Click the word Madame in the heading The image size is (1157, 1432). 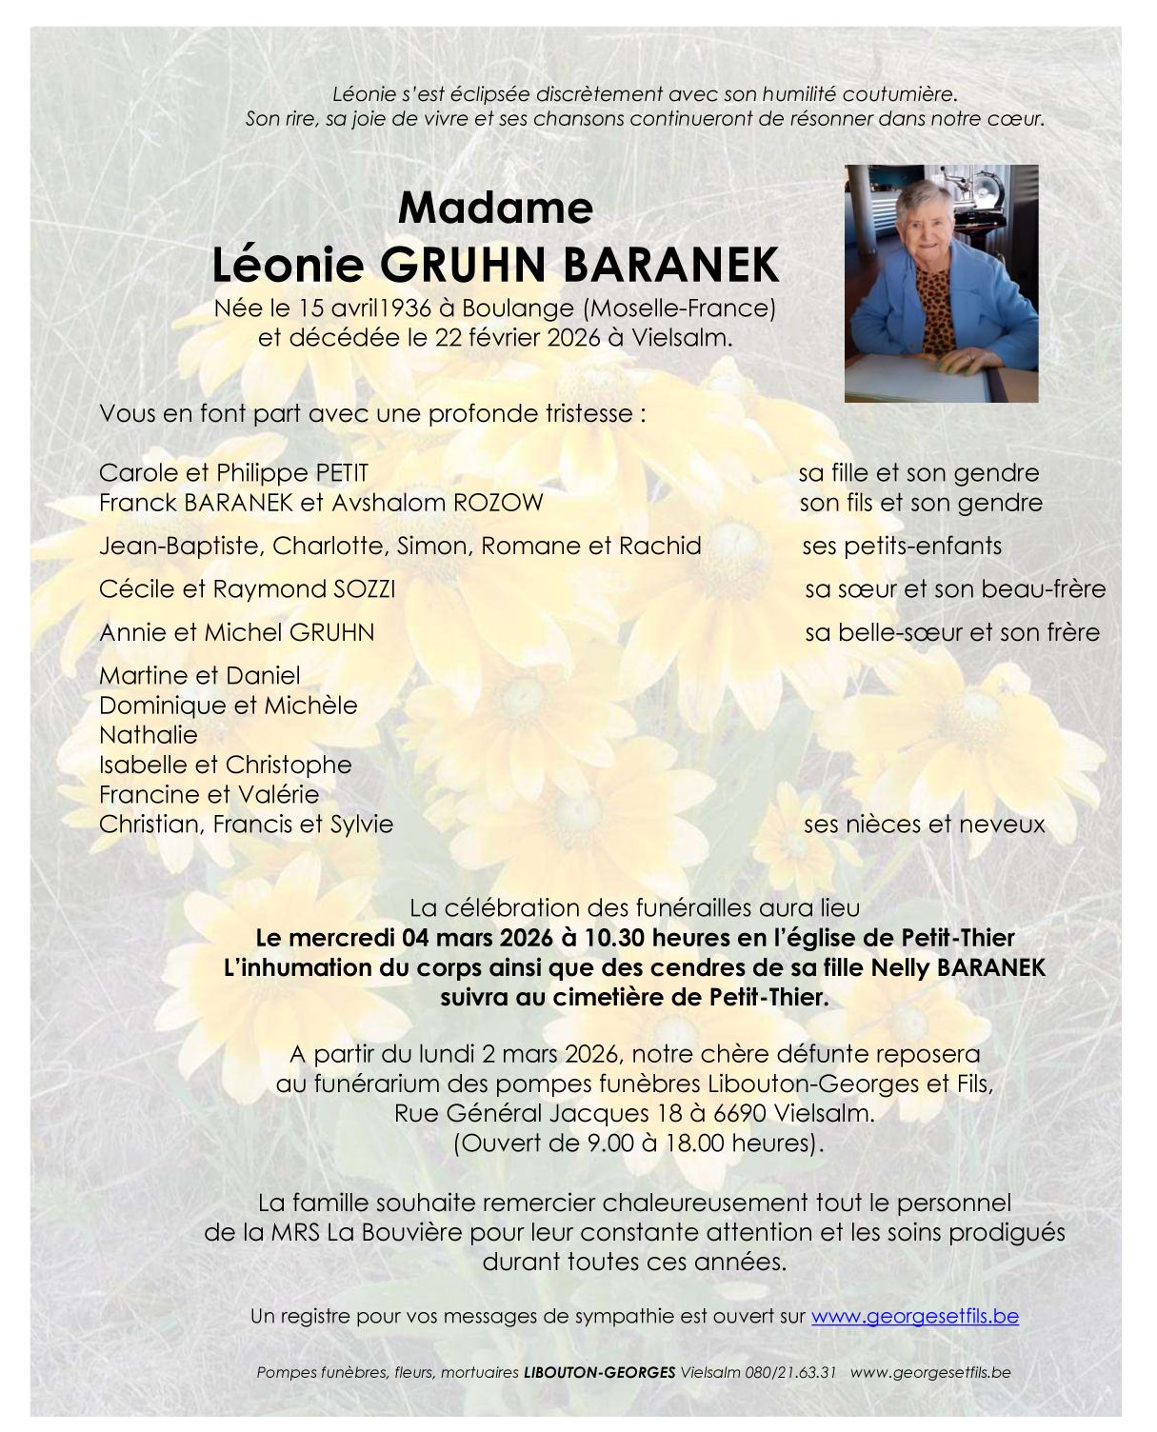pyautogui.click(x=495, y=208)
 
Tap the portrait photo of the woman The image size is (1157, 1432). pyautogui.click(x=941, y=283)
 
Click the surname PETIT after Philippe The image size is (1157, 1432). pyautogui.click(x=342, y=473)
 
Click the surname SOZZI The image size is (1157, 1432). pyautogui.click(x=365, y=589)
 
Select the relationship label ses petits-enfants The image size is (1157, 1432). pyautogui.click(x=902, y=546)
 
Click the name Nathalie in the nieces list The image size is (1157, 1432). pyautogui.click(x=149, y=735)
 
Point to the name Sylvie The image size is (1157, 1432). pyautogui.click(x=361, y=825)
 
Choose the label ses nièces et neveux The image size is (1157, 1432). pyautogui.click(x=924, y=825)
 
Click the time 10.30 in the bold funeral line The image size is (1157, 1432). pyautogui.click(x=612, y=938)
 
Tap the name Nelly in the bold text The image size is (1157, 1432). pyautogui.click(x=900, y=968)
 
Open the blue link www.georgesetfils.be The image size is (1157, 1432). pyautogui.click(x=914, y=1316)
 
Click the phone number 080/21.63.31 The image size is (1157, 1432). pyautogui.click(x=791, y=1372)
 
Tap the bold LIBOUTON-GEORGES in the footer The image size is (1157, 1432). pyautogui.click(x=599, y=1372)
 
